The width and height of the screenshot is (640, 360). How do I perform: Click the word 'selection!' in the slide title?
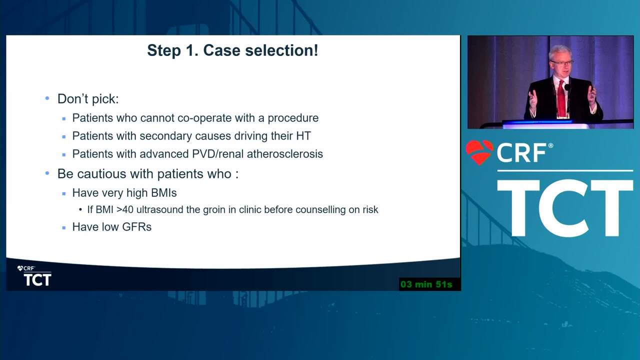coord(281,50)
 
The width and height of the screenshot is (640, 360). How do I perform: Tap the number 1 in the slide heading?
coord(190,50)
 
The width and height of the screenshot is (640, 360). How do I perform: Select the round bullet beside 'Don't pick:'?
coord(47,98)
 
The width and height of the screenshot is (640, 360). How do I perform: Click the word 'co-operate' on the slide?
coord(204,118)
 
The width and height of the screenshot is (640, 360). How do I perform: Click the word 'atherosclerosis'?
coord(285,154)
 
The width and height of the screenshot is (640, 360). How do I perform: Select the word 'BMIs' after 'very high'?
coord(163,193)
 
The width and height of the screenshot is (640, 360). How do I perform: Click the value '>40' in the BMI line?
coord(125,209)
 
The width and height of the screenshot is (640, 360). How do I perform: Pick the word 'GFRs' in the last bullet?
coord(136,227)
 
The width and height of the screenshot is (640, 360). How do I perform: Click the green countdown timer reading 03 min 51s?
coord(426,284)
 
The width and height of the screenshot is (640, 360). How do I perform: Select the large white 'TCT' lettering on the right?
coord(565,207)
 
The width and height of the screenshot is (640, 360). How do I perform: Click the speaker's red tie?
coord(561,98)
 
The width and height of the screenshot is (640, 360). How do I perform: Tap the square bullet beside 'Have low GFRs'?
coord(63,227)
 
